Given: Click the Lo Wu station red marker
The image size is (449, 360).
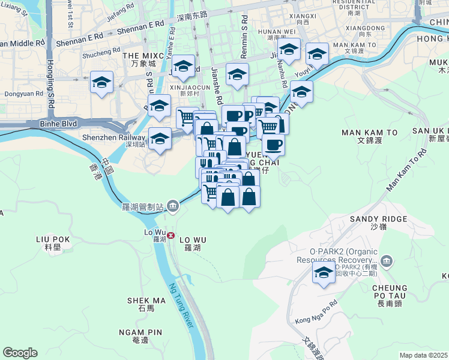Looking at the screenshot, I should (171, 235).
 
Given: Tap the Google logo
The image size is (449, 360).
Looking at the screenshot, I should (20, 353).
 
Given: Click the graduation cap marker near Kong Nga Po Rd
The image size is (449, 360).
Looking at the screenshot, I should (324, 273).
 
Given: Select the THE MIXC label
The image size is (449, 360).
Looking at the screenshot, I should (139, 55).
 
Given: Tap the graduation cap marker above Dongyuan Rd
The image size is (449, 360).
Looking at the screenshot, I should (101, 82).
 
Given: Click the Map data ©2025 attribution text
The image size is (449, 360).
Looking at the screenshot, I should (424, 355).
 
